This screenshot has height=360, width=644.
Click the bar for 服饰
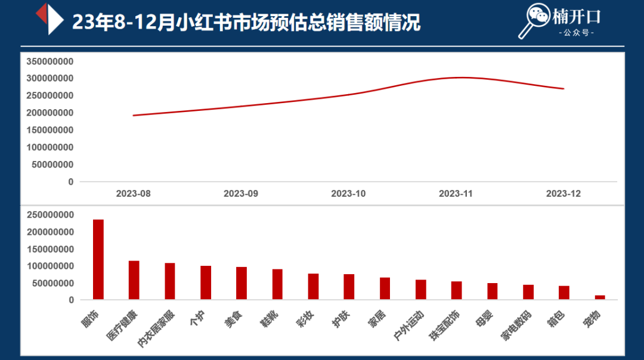coord(98,259)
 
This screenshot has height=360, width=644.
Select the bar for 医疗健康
coord(134,280)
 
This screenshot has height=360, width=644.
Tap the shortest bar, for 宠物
coord(600,297)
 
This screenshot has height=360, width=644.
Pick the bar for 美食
coord(241,283)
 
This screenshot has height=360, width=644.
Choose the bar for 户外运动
coord(421,289)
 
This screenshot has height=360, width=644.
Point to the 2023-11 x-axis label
coord(456,194)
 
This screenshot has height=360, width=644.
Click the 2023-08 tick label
coord(133,194)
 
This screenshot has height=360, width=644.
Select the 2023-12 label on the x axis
coord(563,194)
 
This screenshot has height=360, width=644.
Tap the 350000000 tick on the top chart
coord(50,61)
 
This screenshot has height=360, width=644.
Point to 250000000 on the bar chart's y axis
coord(50,215)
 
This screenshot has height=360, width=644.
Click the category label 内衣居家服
coord(156,328)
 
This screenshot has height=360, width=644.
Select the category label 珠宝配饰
coord(444,325)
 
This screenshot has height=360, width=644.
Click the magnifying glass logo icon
coord(532,20)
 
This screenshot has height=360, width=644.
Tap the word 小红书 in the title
coord(199,22)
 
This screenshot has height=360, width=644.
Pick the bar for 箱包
coord(564,293)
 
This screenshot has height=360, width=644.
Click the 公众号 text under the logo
coord(577,33)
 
